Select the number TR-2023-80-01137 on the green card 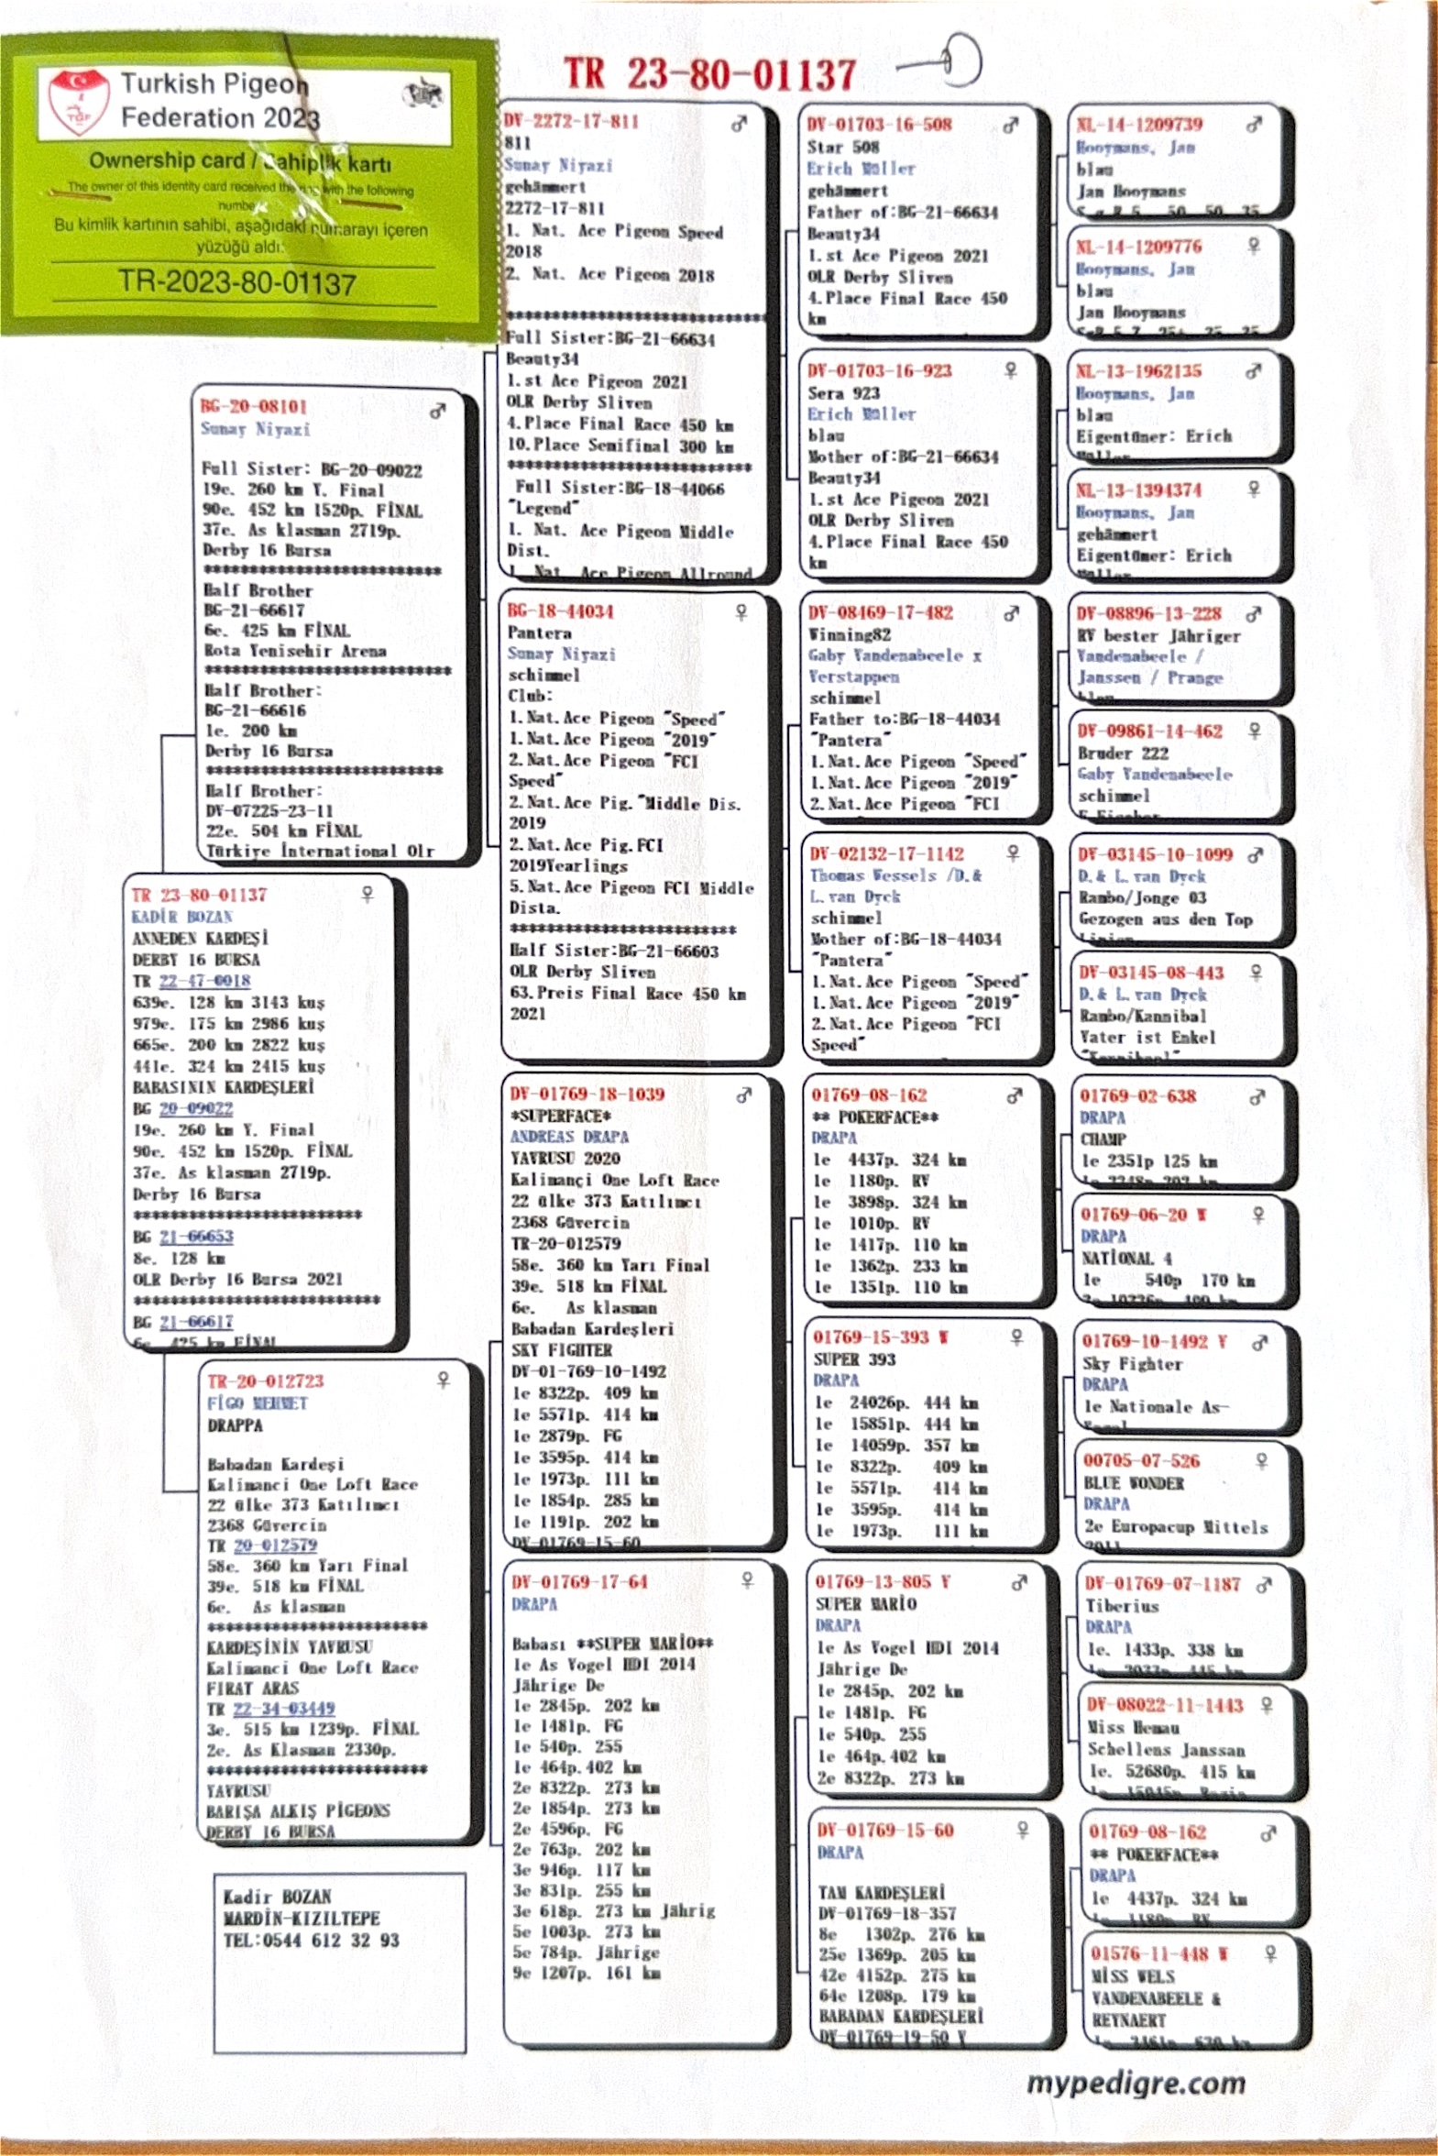point(236,281)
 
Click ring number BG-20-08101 point(254,406)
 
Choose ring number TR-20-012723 point(265,1381)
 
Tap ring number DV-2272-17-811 point(570,121)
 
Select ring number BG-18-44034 point(560,611)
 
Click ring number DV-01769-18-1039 point(587,1094)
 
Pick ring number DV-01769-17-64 point(579,1582)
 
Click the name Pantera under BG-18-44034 point(539,632)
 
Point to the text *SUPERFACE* point(560,1116)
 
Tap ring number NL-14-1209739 point(1139,125)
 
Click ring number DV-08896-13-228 point(1149,613)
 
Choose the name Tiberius point(1122,1606)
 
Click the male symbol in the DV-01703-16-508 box point(1011,126)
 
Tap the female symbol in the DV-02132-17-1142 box point(1014,852)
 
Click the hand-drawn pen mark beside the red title point(945,62)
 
